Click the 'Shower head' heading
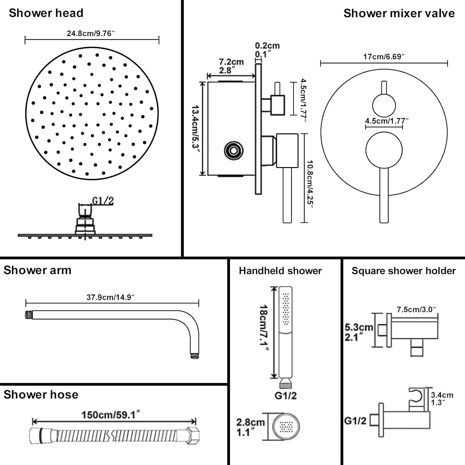pyautogui.click(x=46, y=13)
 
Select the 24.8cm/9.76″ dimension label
pyautogui.click(x=91, y=33)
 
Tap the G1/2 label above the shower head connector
pyautogui.click(x=103, y=201)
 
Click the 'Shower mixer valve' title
pyautogui.click(x=399, y=13)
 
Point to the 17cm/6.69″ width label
pyautogui.click(x=384, y=57)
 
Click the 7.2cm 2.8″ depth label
pyautogui.click(x=231, y=66)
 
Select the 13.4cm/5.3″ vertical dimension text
pyautogui.click(x=196, y=127)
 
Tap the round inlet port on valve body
pyautogui.click(x=233, y=151)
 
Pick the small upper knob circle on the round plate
pyautogui.click(x=384, y=105)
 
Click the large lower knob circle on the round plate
pyautogui.click(x=384, y=150)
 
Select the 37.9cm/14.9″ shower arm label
pyautogui.click(x=110, y=297)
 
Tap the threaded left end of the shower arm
pyautogui.click(x=29, y=315)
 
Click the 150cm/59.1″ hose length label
pyautogui.click(x=111, y=415)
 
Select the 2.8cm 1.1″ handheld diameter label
pyautogui.click(x=250, y=427)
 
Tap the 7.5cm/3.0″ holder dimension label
pyautogui.click(x=416, y=309)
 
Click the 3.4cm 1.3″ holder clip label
pyautogui.click(x=442, y=399)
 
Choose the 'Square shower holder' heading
pyautogui.click(x=404, y=271)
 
